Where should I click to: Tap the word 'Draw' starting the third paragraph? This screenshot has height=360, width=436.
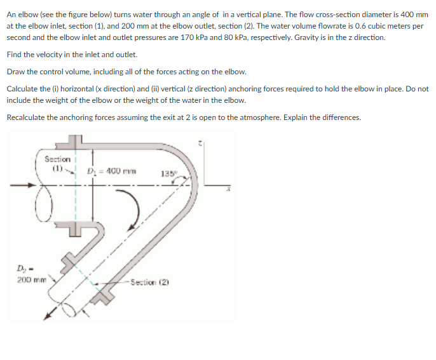click(16, 71)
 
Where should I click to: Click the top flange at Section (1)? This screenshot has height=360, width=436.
click(75, 140)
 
